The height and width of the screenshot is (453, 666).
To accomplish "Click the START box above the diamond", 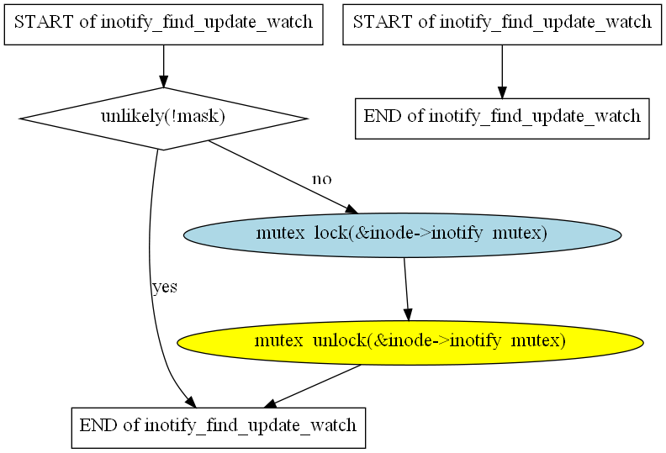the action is pyautogui.click(x=163, y=24).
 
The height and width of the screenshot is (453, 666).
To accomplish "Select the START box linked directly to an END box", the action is pyautogui.click(x=502, y=24).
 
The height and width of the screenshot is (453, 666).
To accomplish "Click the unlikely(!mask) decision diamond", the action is pyautogui.click(x=163, y=119).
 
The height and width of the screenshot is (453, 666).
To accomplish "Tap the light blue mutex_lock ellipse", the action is pyautogui.click(x=402, y=235).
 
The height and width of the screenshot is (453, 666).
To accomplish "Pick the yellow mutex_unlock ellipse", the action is pyautogui.click(x=410, y=343).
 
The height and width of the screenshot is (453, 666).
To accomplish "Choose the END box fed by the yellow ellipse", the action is pyautogui.click(x=219, y=428).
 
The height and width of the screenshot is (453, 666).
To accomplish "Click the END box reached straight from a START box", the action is pyautogui.click(x=502, y=119).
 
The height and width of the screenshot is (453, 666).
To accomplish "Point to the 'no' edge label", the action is pyautogui.click(x=321, y=180).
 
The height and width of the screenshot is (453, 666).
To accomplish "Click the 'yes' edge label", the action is pyautogui.click(x=165, y=287).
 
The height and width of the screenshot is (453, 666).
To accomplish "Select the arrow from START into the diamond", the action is pyautogui.click(x=163, y=66).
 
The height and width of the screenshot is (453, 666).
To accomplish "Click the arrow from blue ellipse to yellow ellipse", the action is pyautogui.click(x=406, y=289).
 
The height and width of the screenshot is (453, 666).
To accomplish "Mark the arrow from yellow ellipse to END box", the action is pyautogui.click(x=312, y=387).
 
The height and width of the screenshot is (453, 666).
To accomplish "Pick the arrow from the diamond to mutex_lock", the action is pyautogui.click(x=283, y=177).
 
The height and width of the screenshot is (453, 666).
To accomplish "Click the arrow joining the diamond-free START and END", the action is pyautogui.click(x=502, y=71).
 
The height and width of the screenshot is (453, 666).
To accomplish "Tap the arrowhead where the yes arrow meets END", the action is pyautogui.click(x=191, y=402).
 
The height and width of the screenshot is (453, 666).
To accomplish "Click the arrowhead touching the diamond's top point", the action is pyautogui.click(x=163, y=82).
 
